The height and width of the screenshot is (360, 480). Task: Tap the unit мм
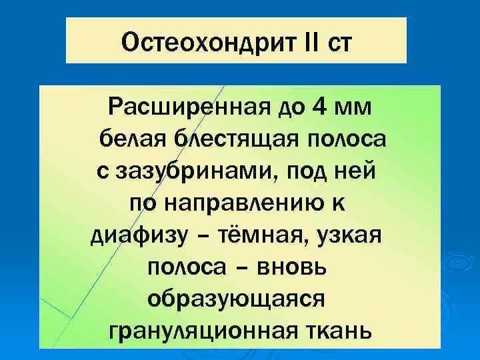click(353, 108)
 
